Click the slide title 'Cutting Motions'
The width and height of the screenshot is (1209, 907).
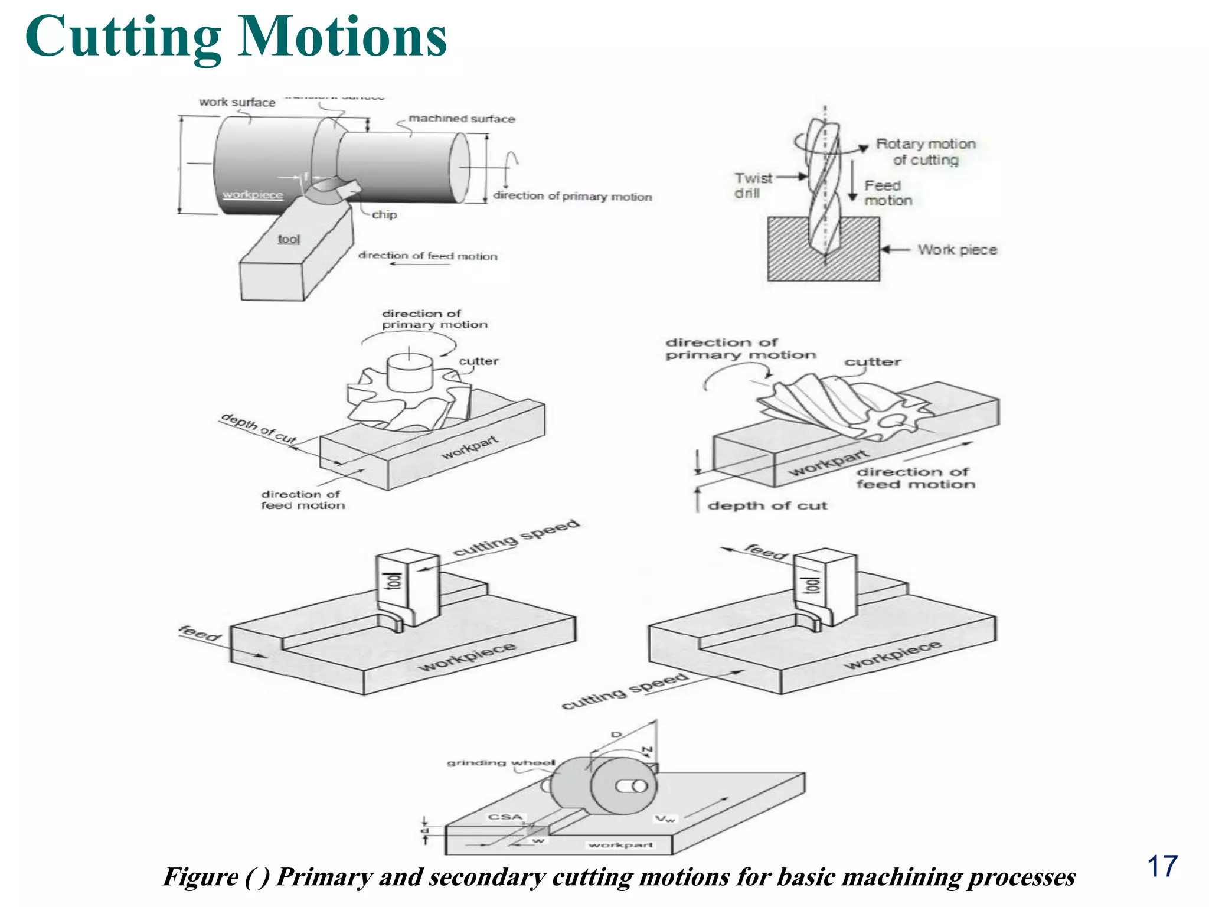(236, 37)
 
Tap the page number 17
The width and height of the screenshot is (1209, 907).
(1162, 866)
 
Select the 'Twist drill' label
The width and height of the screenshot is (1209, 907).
(753, 185)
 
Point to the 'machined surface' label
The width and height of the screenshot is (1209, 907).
(462, 119)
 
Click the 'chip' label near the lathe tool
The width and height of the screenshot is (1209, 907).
(384, 215)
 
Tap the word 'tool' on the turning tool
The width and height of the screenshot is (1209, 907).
(289, 239)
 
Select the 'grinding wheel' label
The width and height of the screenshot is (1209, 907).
(501, 762)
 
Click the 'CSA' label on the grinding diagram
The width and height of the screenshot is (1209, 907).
(505, 817)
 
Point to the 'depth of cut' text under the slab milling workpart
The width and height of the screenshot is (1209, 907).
(767, 505)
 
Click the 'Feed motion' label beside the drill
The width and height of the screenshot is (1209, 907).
(887, 193)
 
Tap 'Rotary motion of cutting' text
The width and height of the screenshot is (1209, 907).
(925, 152)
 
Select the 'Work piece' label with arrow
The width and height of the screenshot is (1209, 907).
(957, 250)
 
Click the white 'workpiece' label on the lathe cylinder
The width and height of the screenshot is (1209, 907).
(253, 195)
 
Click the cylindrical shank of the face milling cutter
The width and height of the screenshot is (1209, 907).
(410, 374)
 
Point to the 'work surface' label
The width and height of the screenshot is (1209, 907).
(237, 102)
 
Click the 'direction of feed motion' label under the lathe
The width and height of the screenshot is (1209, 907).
(428, 256)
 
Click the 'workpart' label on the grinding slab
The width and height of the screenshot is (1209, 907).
(620, 845)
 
